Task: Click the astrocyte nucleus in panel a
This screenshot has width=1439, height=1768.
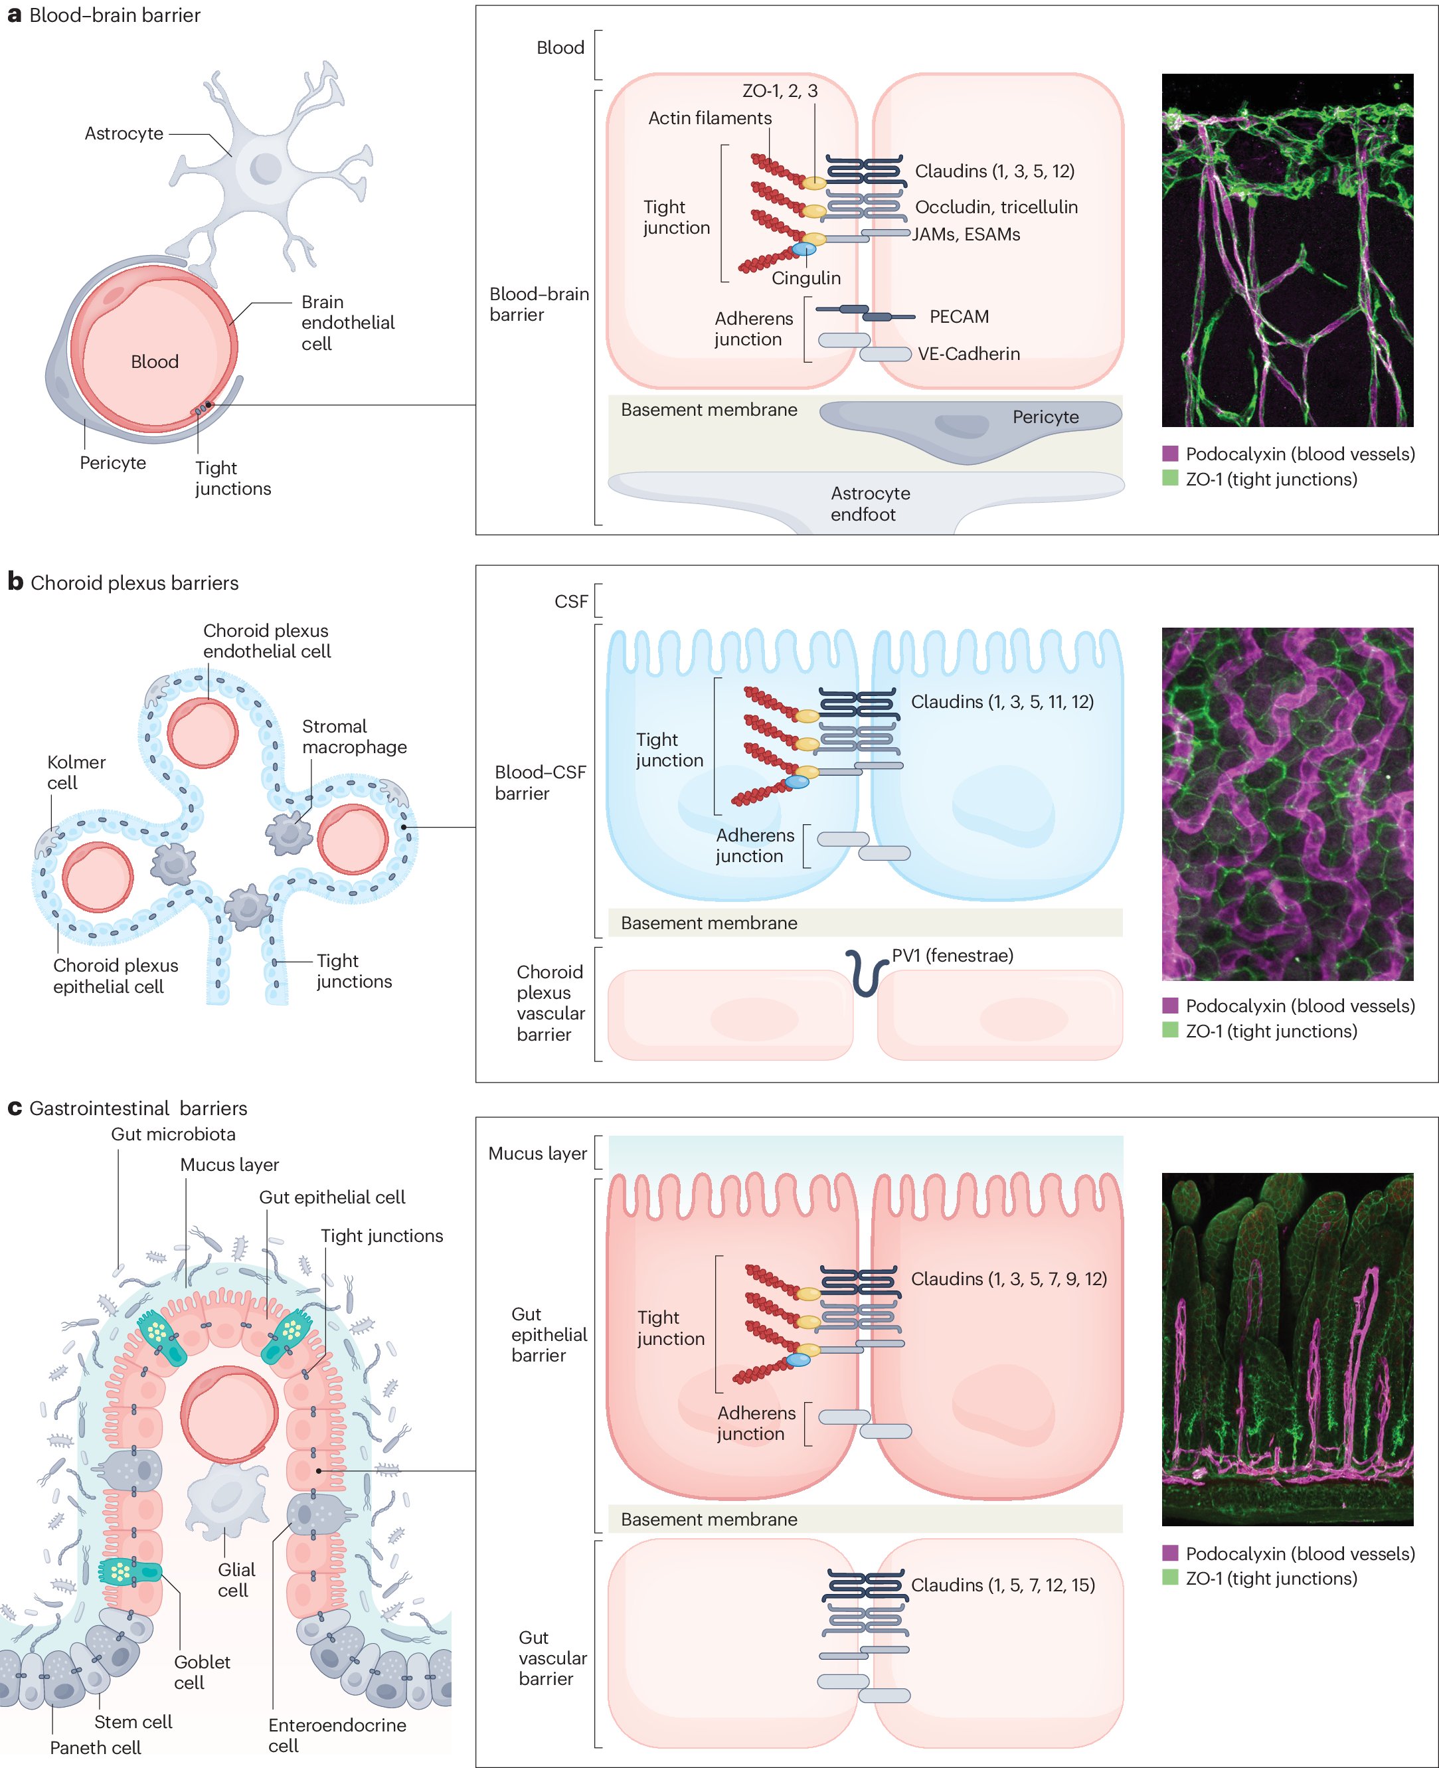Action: coord(266,168)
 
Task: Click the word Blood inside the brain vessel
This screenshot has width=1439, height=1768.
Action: coord(155,361)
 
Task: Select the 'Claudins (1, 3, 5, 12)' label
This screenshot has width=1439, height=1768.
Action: coord(994,171)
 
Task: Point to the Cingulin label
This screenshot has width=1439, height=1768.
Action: coord(805,278)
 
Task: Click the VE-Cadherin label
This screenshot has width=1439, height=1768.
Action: coord(968,354)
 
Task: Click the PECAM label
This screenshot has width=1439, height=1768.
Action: coord(958,317)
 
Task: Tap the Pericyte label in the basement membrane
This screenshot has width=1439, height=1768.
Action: coord(1045,417)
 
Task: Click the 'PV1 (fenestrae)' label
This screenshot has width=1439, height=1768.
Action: coord(952,955)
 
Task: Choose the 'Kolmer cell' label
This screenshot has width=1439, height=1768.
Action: coord(76,772)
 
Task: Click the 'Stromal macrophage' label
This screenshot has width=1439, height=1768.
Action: coord(354,736)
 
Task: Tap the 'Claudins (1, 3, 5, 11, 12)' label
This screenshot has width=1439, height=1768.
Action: coord(1001,701)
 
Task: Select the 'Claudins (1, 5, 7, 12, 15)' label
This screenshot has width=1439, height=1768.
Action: coord(1002,1584)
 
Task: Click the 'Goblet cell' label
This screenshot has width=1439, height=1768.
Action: coord(201,1672)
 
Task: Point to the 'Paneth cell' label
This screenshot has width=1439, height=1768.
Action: coord(96,1747)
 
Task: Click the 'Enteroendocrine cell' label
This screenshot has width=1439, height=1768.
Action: coord(337,1735)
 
